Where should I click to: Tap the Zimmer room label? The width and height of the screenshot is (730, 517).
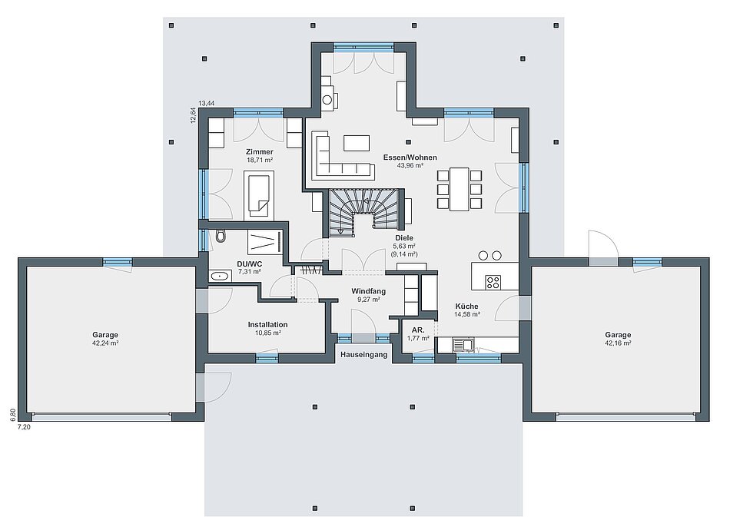click(x=259, y=151)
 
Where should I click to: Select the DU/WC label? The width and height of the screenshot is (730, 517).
click(x=250, y=263)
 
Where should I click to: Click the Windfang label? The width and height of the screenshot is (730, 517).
click(x=368, y=291)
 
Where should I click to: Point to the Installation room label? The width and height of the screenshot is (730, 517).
click(x=267, y=324)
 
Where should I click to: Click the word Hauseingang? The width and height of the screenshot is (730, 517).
click(x=363, y=355)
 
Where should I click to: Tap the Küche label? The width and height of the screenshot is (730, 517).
click(x=467, y=307)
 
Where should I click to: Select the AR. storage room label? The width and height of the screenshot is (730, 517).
click(x=417, y=330)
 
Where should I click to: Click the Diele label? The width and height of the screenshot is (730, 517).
click(x=404, y=238)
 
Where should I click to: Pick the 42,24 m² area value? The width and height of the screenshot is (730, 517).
click(x=105, y=343)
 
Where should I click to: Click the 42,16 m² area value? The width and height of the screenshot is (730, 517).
click(x=619, y=343)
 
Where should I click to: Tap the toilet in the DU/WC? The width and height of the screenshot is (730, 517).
click(x=221, y=236)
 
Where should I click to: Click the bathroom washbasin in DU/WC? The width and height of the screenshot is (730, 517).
click(x=219, y=277)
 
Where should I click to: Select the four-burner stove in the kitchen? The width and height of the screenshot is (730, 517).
click(x=493, y=282)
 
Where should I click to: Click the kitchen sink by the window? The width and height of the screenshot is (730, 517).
click(x=464, y=345)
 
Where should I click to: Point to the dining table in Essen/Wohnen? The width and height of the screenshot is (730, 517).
click(x=459, y=189)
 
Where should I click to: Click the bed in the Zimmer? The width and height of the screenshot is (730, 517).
click(x=259, y=194)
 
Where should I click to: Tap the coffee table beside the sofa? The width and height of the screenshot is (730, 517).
click(x=357, y=143)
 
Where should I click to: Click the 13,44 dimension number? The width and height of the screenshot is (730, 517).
click(x=206, y=103)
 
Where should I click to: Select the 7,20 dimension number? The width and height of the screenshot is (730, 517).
click(x=24, y=426)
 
